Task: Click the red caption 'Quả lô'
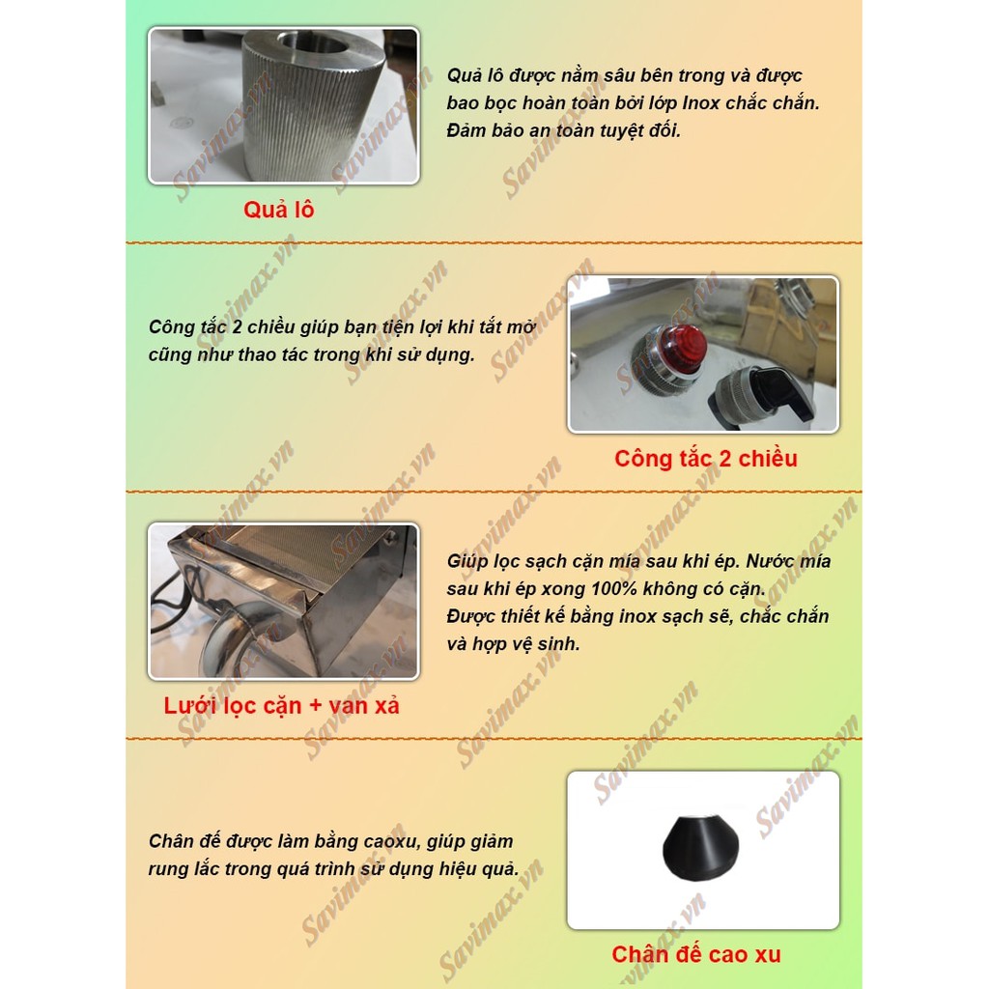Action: (278, 210)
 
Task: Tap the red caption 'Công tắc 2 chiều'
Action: (706, 458)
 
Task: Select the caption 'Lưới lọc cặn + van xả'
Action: (281, 705)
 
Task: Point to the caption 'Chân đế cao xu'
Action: (695, 955)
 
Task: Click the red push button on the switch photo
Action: (683, 350)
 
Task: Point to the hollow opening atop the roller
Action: (314, 42)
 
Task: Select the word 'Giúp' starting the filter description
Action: (468, 561)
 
